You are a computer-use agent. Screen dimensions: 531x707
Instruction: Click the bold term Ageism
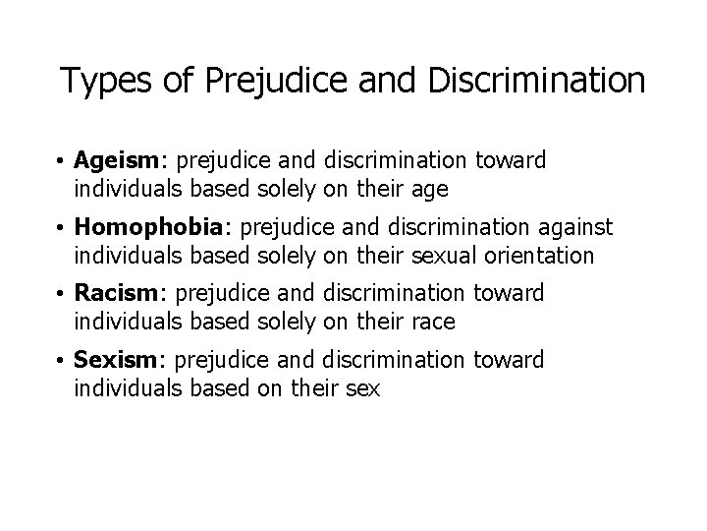coord(112,161)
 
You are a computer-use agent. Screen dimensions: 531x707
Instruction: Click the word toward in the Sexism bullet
coord(509,361)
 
